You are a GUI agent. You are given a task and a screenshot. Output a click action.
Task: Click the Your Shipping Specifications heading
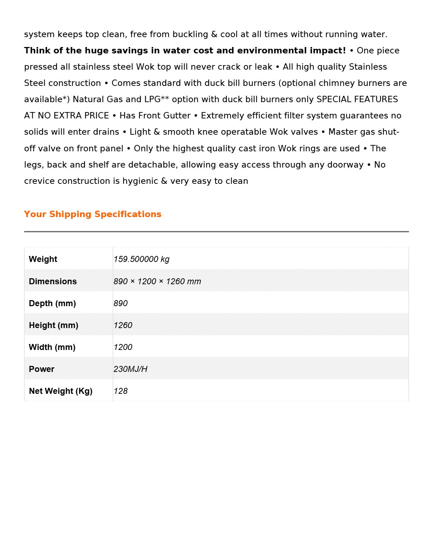[x=93, y=214]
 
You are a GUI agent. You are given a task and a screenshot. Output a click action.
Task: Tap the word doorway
[x=346, y=165]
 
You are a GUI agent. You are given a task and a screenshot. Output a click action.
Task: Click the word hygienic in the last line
[x=140, y=181]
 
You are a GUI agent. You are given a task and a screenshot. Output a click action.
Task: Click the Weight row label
[x=43, y=259]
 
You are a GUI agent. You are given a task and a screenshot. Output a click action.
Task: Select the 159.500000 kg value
[x=142, y=259]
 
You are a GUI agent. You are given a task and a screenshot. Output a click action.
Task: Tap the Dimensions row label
[x=53, y=281]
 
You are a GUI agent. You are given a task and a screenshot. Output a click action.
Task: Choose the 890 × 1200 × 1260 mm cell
[x=157, y=281]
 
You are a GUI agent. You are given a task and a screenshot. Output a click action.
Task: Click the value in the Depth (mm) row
[x=121, y=303]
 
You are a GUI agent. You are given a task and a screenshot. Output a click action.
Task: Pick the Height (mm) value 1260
[x=123, y=325]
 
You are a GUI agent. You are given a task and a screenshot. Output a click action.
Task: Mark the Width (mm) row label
[x=52, y=347]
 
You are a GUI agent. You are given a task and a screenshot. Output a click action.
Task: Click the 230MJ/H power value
[x=130, y=369]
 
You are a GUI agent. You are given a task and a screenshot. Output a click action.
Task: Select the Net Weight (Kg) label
[x=60, y=391]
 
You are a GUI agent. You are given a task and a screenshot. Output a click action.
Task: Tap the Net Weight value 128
[x=121, y=391]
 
